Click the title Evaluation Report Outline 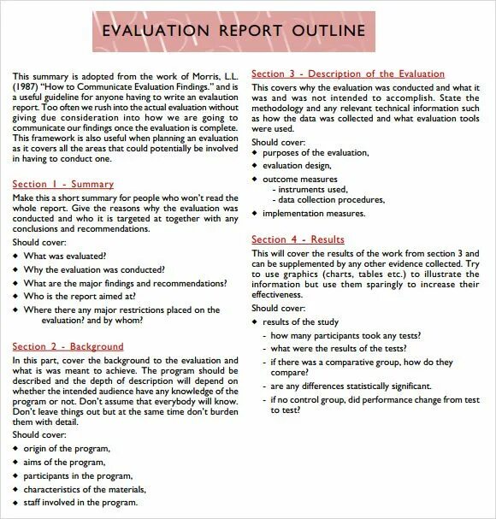[x=233, y=31]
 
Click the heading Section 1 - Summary [x=62, y=185]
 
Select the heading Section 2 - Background [x=68, y=346]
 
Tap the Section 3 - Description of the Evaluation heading [x=347, y=74]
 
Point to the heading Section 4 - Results [x=298, y=240]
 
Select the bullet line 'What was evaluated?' [x=65, y=256]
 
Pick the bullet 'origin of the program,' [x=67, y=449]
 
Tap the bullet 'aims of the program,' [x=64, y=463]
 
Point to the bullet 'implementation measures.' [x=314, y=214]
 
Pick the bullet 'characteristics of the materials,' [x=85, y=490]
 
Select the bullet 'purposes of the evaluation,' [x=316, y=153]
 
